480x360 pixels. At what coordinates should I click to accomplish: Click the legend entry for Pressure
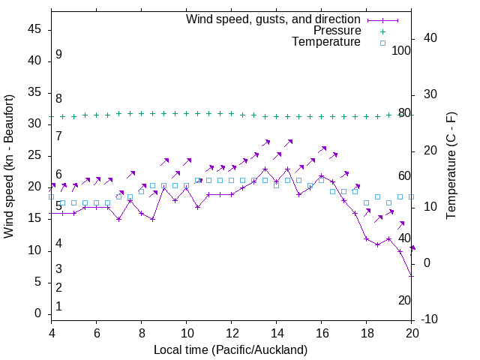click(337, 31)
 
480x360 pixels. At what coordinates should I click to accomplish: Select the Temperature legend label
click(326, 43)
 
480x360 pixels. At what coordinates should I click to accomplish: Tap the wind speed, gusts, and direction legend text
click(273, 19)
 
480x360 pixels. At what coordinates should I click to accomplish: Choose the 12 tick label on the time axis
click(232, 334)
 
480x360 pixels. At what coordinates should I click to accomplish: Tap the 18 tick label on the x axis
click(367, 334)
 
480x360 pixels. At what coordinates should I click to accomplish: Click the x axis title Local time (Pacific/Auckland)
click(231, 350)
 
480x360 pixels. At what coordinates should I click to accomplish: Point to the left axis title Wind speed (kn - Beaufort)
click(10, 166)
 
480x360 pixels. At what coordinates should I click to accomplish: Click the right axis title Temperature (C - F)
click(451, 166)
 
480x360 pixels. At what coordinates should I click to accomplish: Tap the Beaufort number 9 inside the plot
click(58, 55)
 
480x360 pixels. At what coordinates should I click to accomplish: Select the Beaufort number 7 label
click(58, 136)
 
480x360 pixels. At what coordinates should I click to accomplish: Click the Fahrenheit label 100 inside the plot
click(402, 50)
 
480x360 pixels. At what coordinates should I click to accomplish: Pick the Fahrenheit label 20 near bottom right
click(404, 300)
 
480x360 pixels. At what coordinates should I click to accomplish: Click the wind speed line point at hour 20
click(412, 276)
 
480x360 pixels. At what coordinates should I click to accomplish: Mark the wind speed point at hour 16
click(322, 175)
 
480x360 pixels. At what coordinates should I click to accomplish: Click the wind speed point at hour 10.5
click(198, 207)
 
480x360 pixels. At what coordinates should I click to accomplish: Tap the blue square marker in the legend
click(382, 43)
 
